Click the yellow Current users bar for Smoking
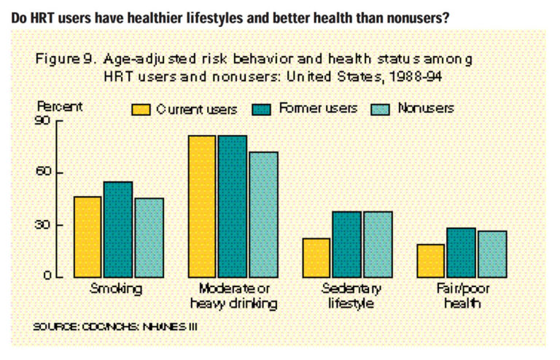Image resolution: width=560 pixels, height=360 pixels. [x=88, y=237]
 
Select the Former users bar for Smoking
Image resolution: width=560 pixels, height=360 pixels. [x=118, y=230]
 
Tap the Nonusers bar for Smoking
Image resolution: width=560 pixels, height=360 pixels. [x=149, y=238]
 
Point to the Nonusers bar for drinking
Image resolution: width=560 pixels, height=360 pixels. [x=263, y=214]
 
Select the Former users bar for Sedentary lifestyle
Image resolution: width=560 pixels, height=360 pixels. [x=347, y=244]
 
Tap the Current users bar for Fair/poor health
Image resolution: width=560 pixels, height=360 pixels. [x=431, y=261]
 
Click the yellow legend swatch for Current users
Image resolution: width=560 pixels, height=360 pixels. [x=141, y=109]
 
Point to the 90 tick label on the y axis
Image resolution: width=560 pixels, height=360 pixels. [x=44, y=121]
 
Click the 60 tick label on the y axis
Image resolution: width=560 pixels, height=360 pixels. [x=44, y=173]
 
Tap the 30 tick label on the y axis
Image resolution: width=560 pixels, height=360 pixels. [x=44, y=225]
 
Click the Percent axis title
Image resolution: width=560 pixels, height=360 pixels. [x=60, y=106]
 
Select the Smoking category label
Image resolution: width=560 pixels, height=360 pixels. [x=116, y=289]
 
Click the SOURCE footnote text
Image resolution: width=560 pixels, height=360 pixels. [x=114, y=326]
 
